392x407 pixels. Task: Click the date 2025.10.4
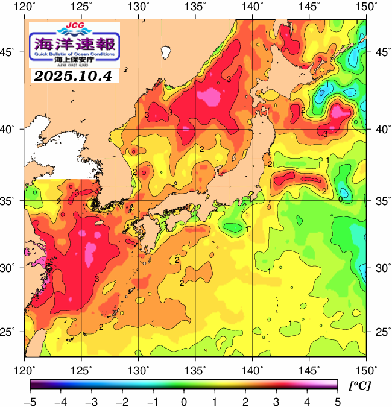[x=74, y=77]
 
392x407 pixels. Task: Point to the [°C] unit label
[x=359, y=385]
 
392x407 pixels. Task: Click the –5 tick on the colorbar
[x=30, y=401]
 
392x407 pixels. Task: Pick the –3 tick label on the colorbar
[x=91, y=401]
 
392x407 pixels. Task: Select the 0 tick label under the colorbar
[x=184, y=401]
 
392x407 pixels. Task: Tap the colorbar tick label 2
[x=245, y=401]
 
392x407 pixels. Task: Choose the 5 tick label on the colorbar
[x=337, y=401]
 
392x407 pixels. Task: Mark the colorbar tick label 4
[x=306, y=401]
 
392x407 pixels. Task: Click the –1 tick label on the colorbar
[x=153, y=401]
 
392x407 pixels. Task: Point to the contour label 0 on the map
[x=341, y=199]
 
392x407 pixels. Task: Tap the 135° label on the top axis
[x=195, y=6]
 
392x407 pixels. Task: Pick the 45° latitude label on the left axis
[x=11, y=52]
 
